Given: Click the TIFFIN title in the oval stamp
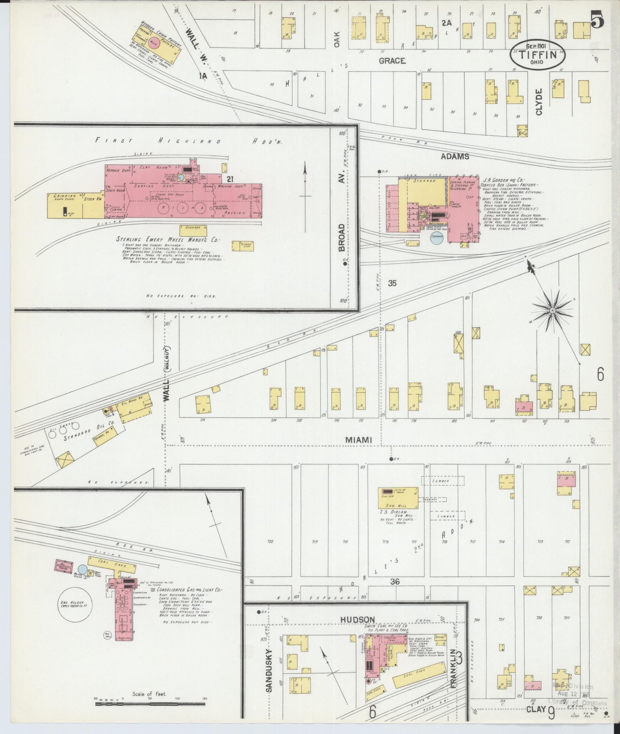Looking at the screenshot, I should coord(538,54).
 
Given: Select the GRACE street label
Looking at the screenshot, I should coord(392,61).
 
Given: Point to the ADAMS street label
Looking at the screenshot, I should coord(455,156).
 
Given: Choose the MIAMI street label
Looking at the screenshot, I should coord(358,440).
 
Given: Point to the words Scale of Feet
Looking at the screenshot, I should coord(149,694).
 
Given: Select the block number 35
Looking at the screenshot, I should coord(392,283).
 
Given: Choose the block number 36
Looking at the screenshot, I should coord(395,582).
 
